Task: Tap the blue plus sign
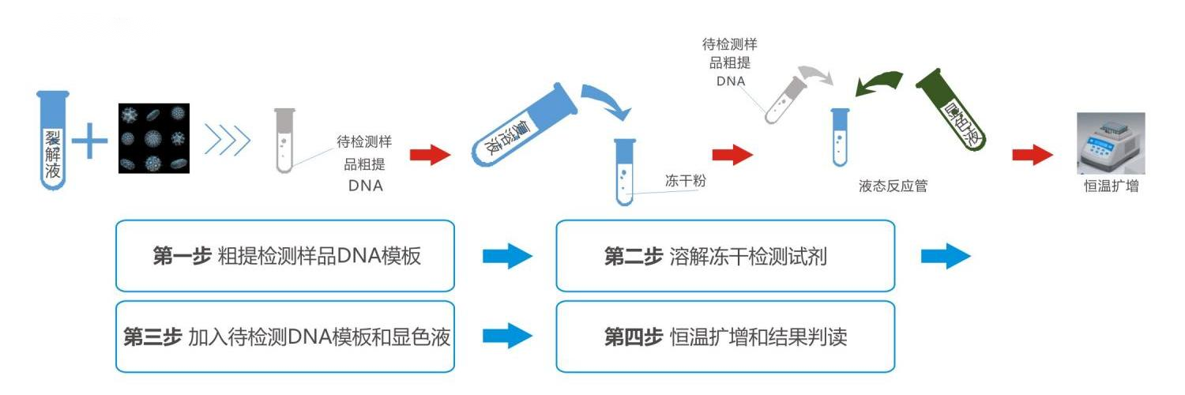(90, 143)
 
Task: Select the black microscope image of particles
(153, 138)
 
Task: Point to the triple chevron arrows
(228, 141)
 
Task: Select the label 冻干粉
(684, 181)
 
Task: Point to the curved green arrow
(881, 84)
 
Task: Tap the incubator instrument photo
(1111, 142)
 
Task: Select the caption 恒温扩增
(1111, 187)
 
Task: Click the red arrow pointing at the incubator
(1033, 155)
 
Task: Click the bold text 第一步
(181, 257)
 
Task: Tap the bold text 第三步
(152, 337)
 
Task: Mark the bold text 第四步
(633, 337)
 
